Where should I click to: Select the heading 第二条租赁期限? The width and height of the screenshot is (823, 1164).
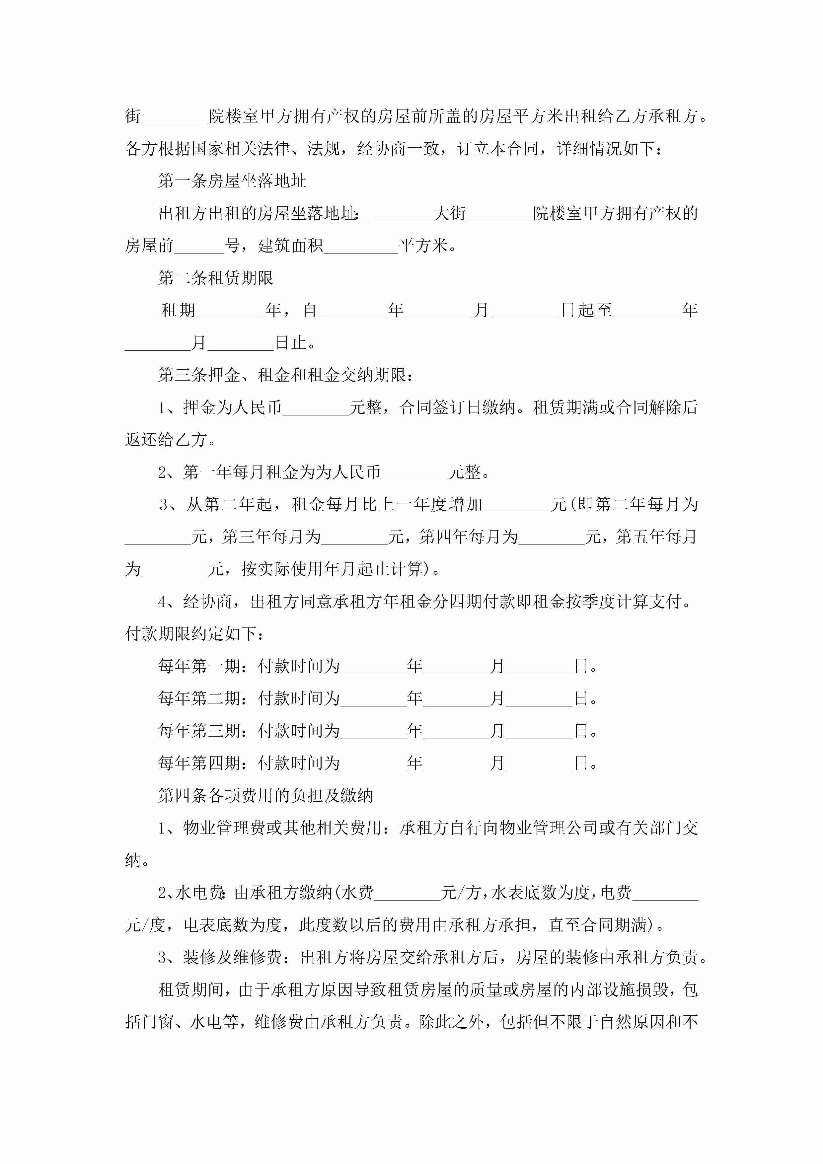215,278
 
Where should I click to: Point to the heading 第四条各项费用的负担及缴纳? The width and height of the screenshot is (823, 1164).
265,795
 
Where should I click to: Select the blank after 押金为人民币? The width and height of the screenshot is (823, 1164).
316,408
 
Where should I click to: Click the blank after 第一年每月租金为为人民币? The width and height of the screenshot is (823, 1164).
415,473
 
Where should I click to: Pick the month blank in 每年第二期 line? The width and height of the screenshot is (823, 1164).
456,699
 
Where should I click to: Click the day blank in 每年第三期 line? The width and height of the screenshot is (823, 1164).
539,732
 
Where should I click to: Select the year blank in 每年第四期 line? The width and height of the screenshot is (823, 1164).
373,764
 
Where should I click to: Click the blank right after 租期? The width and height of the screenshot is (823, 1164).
230,311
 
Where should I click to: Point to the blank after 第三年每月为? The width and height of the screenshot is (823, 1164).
354,538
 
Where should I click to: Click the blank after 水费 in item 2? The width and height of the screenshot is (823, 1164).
407,893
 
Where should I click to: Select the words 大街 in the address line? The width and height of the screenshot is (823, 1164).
450,213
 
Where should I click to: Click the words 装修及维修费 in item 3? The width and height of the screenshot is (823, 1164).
232,957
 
